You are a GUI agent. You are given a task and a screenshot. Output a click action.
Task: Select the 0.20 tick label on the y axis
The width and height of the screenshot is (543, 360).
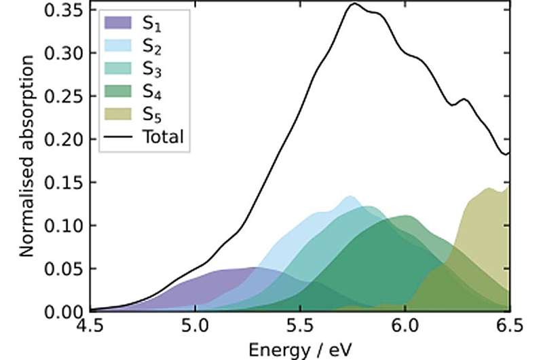click(67, 140)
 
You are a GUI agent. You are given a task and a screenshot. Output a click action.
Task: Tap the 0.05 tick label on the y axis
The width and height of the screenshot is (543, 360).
click(67, 269)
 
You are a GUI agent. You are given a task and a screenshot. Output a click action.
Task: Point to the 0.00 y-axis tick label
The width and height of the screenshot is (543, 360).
click(67, 312)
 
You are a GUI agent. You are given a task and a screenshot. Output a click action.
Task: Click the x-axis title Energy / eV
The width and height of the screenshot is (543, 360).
click(299, 349)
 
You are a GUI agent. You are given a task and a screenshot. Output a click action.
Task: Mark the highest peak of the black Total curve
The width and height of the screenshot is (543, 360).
click(354, 4)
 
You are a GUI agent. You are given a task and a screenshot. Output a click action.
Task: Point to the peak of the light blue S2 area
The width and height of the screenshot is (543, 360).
click(350, 196)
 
